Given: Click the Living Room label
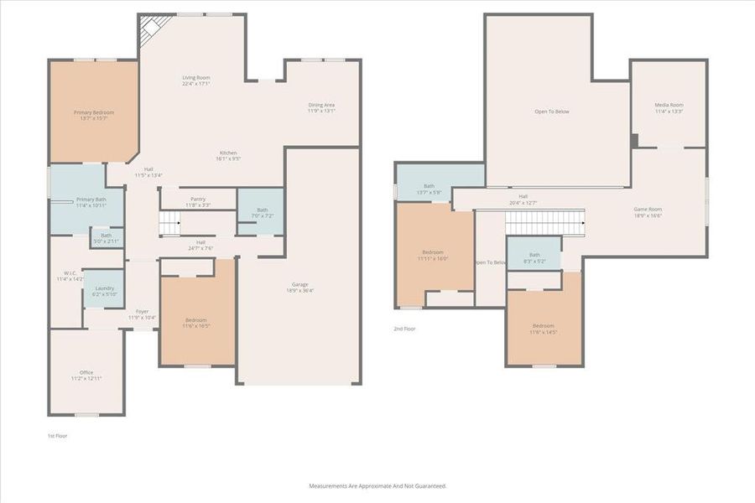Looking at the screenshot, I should click(196, 80).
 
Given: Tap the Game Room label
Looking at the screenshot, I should click(648, 212).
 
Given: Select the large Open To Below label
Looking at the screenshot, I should click(552, 111).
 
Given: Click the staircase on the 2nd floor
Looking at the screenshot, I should click(544, 223).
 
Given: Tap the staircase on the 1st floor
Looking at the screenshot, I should click(170, 223).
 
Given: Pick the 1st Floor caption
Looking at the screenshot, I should click(58, 436).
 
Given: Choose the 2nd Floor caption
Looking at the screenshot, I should click(404, 329).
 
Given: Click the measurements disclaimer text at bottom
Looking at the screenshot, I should click(377, 485).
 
